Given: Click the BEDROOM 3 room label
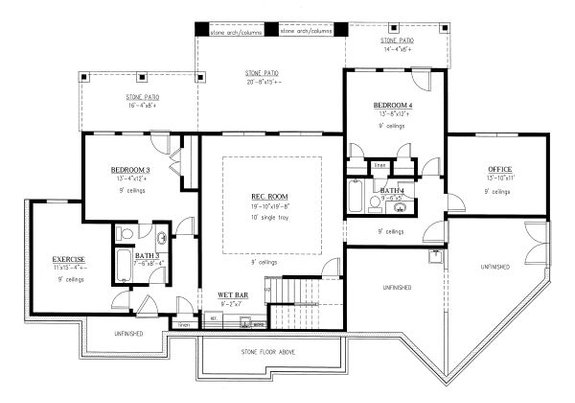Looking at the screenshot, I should [131, 170].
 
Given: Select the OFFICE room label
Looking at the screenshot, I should [499, 169].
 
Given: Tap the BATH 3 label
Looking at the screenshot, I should [147, 256].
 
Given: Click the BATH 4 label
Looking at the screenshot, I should [391, 189].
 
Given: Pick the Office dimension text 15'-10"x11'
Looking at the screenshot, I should [499, 179].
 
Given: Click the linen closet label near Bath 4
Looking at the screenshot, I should [380, 165].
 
